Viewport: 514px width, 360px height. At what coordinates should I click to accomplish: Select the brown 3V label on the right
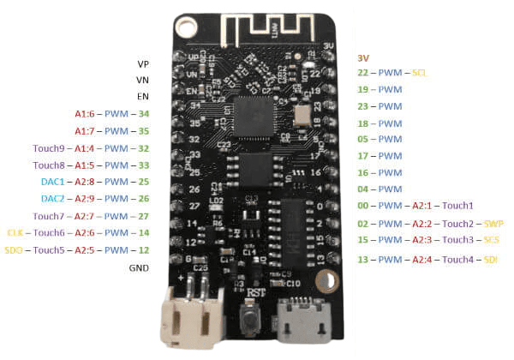coord(363,57)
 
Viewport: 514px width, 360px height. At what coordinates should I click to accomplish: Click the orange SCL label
coord(420,73)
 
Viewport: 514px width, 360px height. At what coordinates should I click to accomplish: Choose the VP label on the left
coord(141,64)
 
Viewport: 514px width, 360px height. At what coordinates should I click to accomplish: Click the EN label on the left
coord(142,97)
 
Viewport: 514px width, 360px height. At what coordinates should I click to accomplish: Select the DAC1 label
coord(53,182)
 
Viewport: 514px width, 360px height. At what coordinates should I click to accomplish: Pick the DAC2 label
coord(53,198)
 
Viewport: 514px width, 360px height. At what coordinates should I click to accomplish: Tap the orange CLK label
coord(15,232)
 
